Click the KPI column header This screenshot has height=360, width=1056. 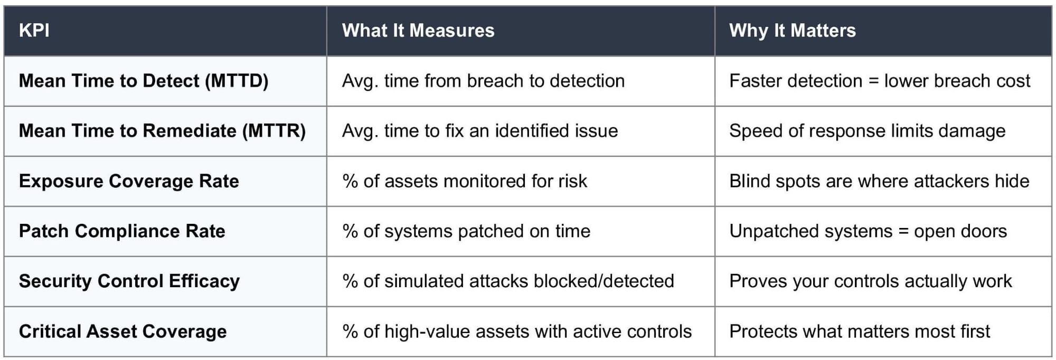34,31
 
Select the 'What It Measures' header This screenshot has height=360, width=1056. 418,31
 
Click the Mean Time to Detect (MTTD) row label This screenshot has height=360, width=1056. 144,81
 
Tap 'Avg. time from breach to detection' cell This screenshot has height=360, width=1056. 484,81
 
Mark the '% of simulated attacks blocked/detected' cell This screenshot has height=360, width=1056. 508,281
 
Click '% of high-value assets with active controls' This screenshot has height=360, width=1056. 517,331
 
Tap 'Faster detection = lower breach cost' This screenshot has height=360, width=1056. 880,81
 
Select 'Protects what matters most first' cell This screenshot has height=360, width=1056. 860,331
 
